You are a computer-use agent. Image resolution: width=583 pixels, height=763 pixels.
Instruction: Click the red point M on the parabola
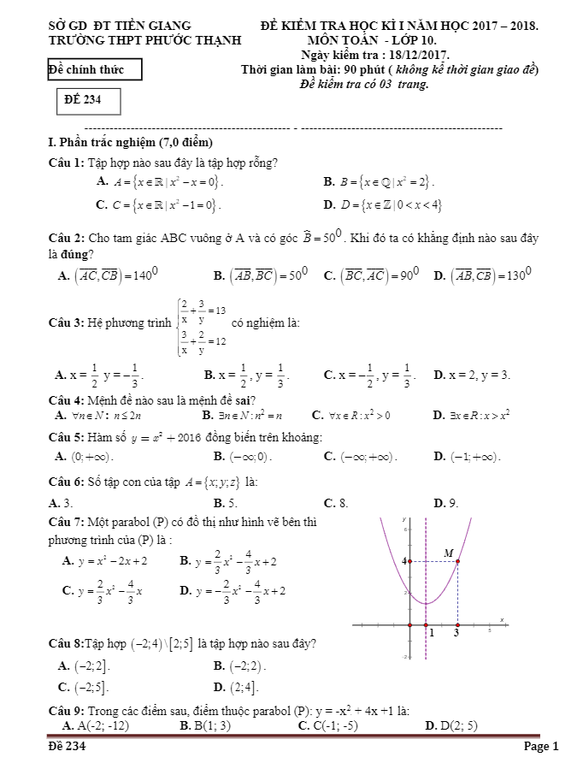pos(457,561)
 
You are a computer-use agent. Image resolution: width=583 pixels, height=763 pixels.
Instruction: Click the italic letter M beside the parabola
pos(449,553)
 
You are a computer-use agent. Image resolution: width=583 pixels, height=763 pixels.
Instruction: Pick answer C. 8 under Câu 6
pos(335,503)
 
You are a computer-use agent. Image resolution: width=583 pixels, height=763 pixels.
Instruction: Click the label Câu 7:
pos(68,523)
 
